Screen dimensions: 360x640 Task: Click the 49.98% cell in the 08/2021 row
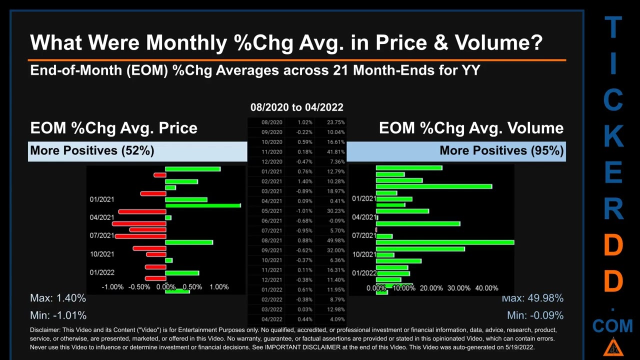tap(335, 240)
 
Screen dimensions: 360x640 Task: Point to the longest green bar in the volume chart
tap(444, 242)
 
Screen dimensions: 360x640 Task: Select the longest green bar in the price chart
tap(202, 205)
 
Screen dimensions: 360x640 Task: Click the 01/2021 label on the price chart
tap(102, 199)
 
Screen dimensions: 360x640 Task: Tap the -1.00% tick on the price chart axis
tap(112, 287)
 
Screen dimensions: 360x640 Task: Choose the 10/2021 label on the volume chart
tap(364, 254)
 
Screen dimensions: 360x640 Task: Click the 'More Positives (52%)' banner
tap(92, 150)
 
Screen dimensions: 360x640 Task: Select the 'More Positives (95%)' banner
tap(501, 150)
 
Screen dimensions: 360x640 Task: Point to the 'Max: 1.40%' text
tap(58, 298)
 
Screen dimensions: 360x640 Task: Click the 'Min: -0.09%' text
tap(535, 315)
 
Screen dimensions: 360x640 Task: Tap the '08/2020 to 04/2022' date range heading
tap(296, 107)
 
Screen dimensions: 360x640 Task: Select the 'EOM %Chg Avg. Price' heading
tap(113, 128)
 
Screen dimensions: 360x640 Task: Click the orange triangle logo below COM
tap(613, 346)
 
